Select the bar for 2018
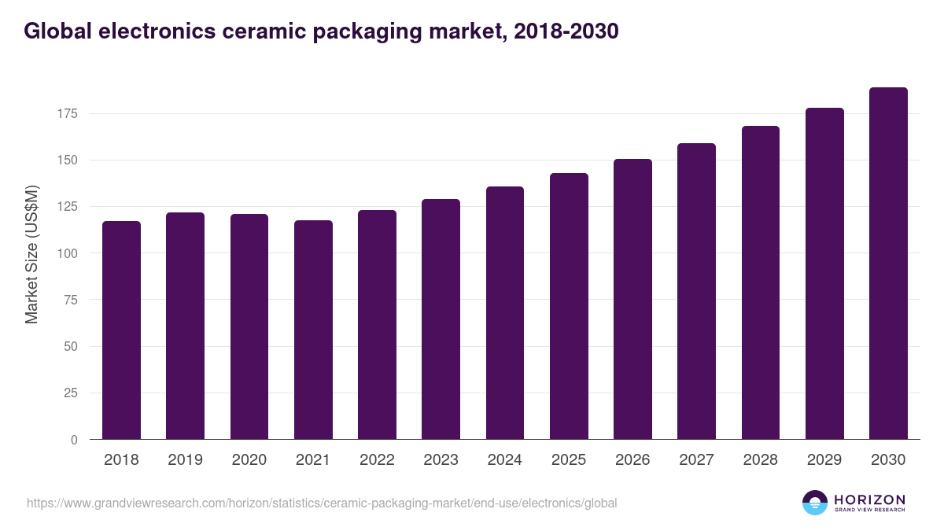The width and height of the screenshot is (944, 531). (x=121, y=330)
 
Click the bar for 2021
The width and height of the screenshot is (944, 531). (x=313, y=330)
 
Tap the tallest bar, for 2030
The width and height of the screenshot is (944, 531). (x=888, y=264)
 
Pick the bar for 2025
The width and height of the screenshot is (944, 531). (x=569, y=307)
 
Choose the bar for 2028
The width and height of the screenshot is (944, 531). (x=760, y=283)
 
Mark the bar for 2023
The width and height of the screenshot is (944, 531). (x=441, y=319)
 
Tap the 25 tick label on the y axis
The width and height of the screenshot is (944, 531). (x=71, y=393)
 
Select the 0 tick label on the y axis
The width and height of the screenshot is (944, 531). (x=74, y=440)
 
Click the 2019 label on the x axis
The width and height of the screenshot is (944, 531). (x=185, y=460)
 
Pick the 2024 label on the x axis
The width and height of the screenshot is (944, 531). (x=504, y=460)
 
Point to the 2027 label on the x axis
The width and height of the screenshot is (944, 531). (x=696, y=460)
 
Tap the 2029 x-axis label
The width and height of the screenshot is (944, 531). (x=824, y=460)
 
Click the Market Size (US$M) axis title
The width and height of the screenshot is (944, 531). (x=31, y=253)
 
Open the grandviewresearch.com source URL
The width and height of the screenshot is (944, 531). (x=322, y=503)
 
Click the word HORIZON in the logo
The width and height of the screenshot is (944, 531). (x=869, y=500)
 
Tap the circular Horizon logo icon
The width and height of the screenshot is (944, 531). (x=815, y=503)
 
